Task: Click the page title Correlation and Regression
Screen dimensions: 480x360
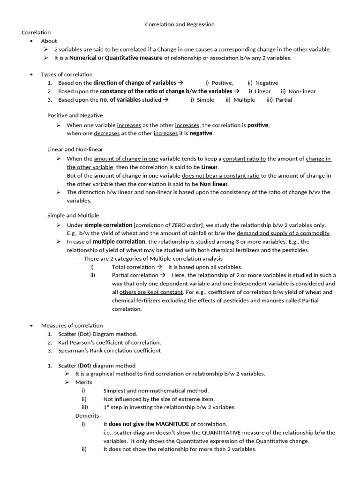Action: coord(180,24)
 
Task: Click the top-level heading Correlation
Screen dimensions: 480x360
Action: coord(36,32)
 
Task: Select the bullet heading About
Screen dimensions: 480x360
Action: coord(49,41)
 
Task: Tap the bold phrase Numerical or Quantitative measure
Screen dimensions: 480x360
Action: coord(116,58)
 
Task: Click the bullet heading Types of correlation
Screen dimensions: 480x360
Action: coord(67,74)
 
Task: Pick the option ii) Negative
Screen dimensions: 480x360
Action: coord(263,83)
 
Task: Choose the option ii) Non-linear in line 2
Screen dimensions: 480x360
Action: coord(298,91)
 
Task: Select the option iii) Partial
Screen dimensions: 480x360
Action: coord(279,100)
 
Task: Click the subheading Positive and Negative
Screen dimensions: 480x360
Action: coord(75,115)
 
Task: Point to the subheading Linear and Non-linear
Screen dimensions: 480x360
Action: coord(75,149)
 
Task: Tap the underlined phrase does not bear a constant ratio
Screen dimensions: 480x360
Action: coord(220,176)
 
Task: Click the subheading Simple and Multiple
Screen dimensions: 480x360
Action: coord(73,215)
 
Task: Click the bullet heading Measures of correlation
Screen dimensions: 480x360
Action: coord(72,325)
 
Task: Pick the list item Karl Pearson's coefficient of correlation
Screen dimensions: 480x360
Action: coord(109,343)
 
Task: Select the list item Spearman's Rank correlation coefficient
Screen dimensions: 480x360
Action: coord(109,351)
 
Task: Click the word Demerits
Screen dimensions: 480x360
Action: coord(87,416)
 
